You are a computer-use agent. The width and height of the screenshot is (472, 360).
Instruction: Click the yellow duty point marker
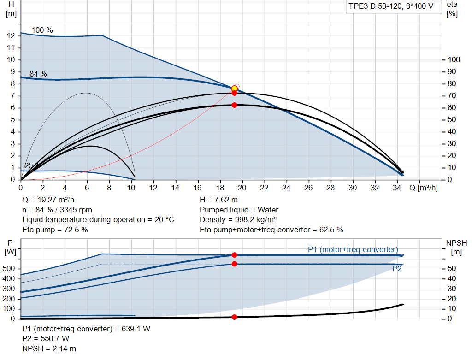[234, 89]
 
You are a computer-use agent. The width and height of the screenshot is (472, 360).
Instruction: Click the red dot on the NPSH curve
[235, 317]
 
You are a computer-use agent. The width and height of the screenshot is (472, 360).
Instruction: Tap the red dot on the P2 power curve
[235, 264]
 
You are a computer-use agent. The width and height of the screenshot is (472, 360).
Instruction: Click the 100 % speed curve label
[42, 30]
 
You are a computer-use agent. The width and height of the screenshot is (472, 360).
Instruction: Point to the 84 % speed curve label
[38, 74]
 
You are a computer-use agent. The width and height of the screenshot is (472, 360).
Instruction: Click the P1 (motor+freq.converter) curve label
[353, 249]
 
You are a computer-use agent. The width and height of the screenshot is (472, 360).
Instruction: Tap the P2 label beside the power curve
[397, 269]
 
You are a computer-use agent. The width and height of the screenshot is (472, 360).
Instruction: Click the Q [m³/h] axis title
[424, 188]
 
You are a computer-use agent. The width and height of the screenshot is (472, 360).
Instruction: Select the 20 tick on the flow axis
[242, 188]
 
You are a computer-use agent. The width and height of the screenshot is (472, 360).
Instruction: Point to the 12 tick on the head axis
[11, 36]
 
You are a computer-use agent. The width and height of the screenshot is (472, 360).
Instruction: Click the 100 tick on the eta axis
[454, 59]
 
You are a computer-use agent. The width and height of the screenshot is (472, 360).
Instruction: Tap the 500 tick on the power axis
[8, 268]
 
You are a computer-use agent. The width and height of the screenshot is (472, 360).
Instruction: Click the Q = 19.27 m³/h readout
[48, 200]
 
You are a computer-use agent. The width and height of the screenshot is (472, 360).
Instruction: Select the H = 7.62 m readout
[218, 200]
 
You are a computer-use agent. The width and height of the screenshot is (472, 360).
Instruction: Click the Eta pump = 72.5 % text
[55, 230]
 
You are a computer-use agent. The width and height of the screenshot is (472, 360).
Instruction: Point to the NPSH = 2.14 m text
[49, 348]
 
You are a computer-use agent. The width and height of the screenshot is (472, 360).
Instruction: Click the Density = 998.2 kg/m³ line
[238, 220]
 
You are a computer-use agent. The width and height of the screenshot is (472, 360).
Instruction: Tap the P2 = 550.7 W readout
[46, 339]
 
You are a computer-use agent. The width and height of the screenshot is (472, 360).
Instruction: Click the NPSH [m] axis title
[456, 247]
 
